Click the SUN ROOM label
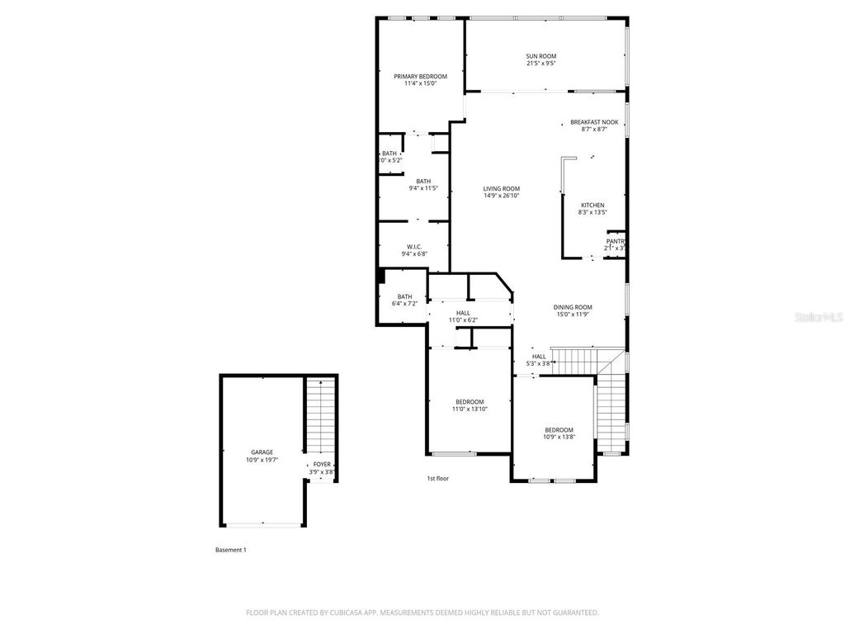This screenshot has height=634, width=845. [541, 56]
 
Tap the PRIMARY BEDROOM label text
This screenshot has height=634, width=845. [420, 76]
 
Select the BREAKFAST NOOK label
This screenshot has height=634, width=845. [594, 122]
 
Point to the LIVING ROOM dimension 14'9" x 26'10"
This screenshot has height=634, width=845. [501, 196]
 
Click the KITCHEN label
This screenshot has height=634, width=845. [592, 205]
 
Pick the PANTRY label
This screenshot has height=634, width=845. [616, 241]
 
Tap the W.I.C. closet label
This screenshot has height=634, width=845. [414, 247]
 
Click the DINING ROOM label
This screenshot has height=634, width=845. [572, 307]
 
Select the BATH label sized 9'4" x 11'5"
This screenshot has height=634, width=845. [423, 182]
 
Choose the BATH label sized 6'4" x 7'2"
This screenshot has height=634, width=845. [404, 296]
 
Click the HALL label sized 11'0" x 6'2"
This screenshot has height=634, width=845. [463, 313]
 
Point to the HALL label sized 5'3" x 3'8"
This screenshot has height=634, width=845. [539, 357]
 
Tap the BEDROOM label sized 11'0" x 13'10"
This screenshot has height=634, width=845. [469, 402]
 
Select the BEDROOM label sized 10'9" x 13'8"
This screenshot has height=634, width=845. [559, 430]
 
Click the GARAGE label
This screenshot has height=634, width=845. [262, 452]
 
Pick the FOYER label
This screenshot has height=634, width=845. [321, 464]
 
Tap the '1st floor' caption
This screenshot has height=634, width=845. [437, 478]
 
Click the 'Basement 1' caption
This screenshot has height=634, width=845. [230, 550]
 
